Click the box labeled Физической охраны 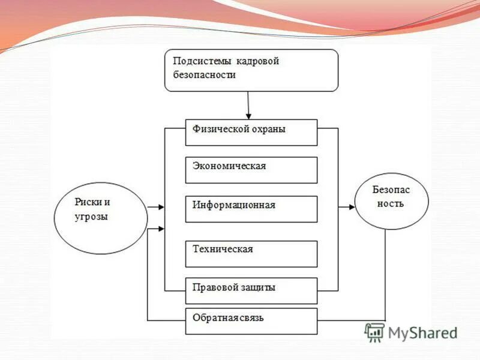[x=251, y=133]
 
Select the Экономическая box [x=251, y=170]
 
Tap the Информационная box [x=251, y=209]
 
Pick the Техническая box [x=251, y=253]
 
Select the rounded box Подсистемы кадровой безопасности [x=251, y=70]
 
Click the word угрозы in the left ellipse [x=91, y=217]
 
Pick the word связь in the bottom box [x=250, y=317]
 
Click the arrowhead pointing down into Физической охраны [x=248, y=116]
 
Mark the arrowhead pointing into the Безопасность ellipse [x=350, y=207]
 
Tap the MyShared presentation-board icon [x=374, y=332]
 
